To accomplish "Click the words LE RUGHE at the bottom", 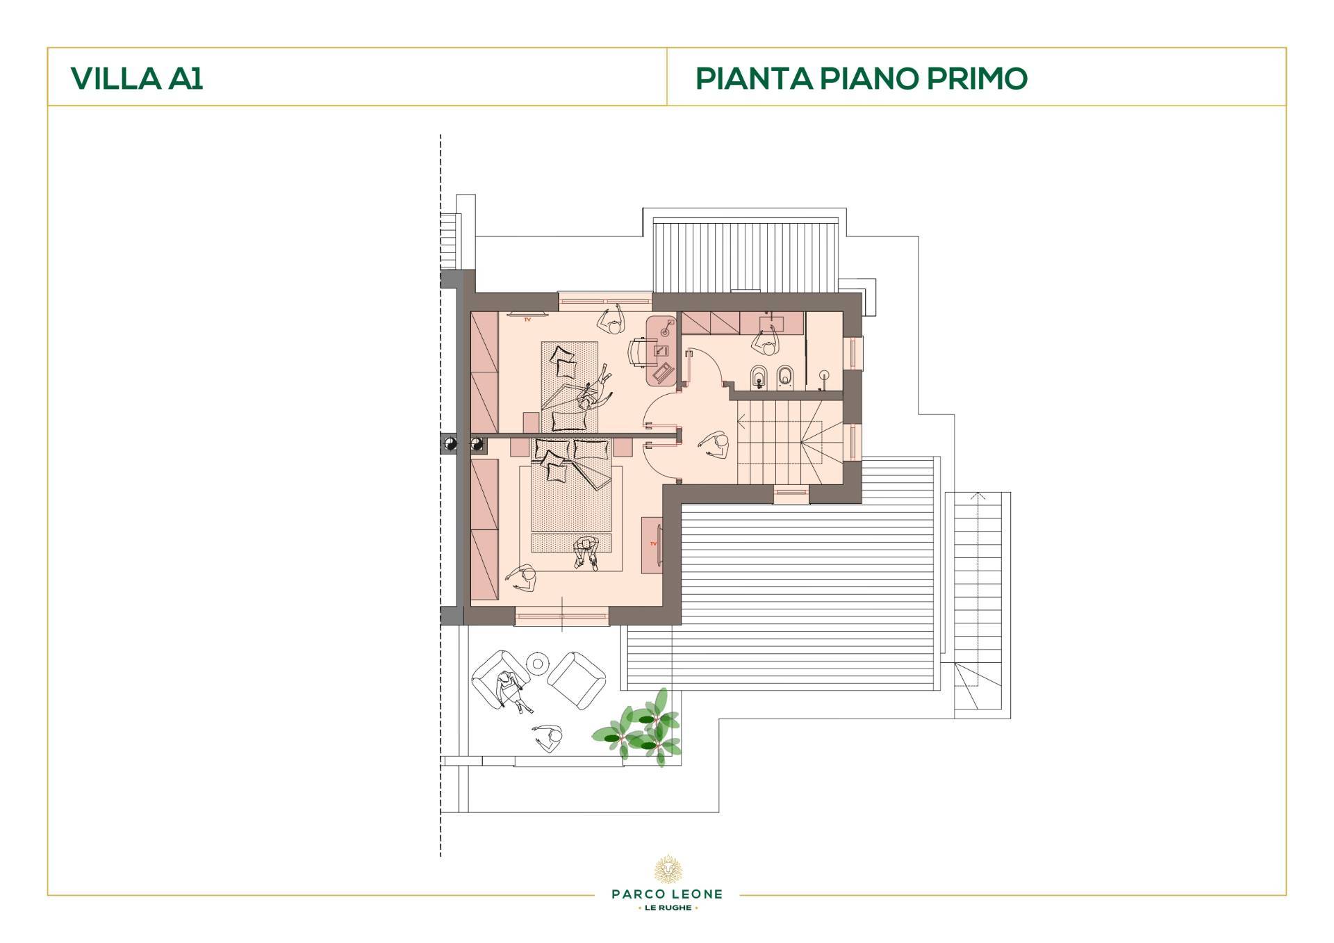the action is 667,908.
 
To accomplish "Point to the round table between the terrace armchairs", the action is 537,664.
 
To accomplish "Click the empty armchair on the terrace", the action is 577,680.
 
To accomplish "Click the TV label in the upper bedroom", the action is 527,319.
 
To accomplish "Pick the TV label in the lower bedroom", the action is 652,543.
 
